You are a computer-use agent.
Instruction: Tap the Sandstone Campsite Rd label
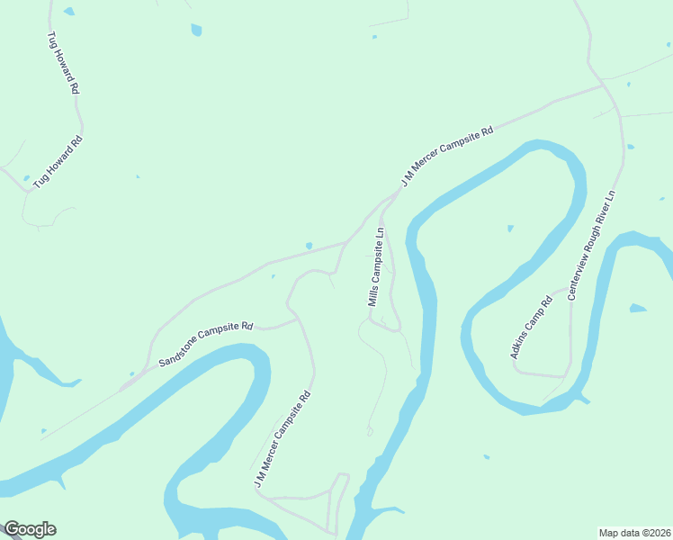206,344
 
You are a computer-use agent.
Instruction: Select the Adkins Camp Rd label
530,328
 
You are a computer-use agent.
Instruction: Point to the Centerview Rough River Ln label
591,245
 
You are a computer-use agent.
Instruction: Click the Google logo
29,529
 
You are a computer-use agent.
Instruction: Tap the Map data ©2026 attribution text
633,532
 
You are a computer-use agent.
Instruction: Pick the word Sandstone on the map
179,355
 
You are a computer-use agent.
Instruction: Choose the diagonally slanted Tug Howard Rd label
58,162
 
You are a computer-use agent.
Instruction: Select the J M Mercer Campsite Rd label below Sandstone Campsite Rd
283,439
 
